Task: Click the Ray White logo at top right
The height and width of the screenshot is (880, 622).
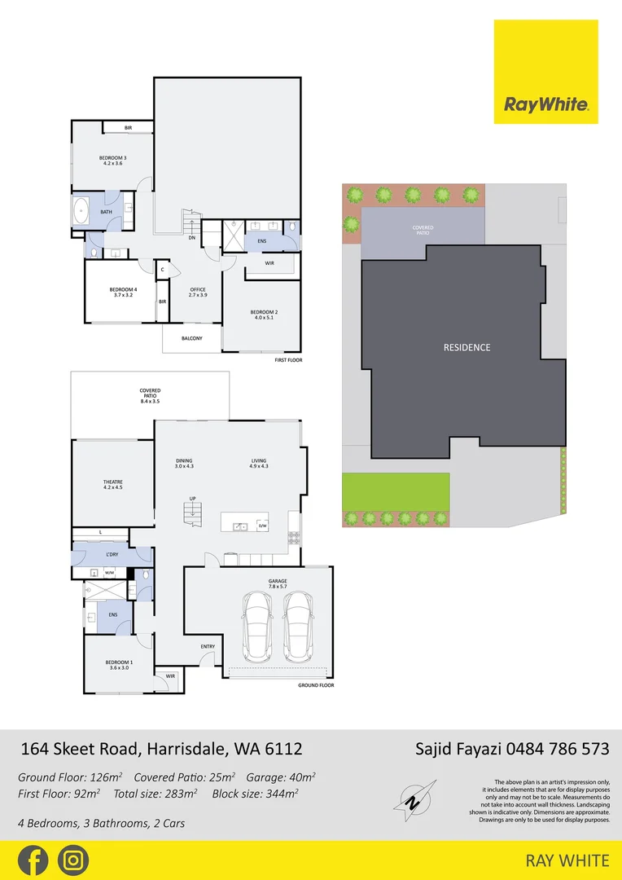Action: (545, 73)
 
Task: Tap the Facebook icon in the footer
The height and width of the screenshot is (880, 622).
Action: (33, 860)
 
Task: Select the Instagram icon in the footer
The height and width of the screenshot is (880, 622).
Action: (73, 860)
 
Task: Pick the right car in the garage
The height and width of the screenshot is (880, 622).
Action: (298, 626)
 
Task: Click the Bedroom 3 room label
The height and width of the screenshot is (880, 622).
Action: (112, 161)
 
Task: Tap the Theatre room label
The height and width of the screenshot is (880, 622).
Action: (112, 486)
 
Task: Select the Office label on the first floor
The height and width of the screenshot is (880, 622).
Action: (198, 293)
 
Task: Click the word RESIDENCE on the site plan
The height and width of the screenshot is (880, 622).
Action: (466, 348)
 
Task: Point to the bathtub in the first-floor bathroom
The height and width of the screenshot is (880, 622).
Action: (81, 212)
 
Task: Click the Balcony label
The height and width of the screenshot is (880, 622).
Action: (191, 338)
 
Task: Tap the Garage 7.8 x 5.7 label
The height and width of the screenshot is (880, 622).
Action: (278, 583)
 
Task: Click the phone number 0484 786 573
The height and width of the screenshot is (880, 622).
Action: (558, 749)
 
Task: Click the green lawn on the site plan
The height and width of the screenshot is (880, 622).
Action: (396, 491)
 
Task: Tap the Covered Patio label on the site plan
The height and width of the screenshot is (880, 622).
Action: (423, 231)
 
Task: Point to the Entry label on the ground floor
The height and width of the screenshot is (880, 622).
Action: (208, 647)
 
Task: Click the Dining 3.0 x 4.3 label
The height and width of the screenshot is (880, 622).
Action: (183, 464)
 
